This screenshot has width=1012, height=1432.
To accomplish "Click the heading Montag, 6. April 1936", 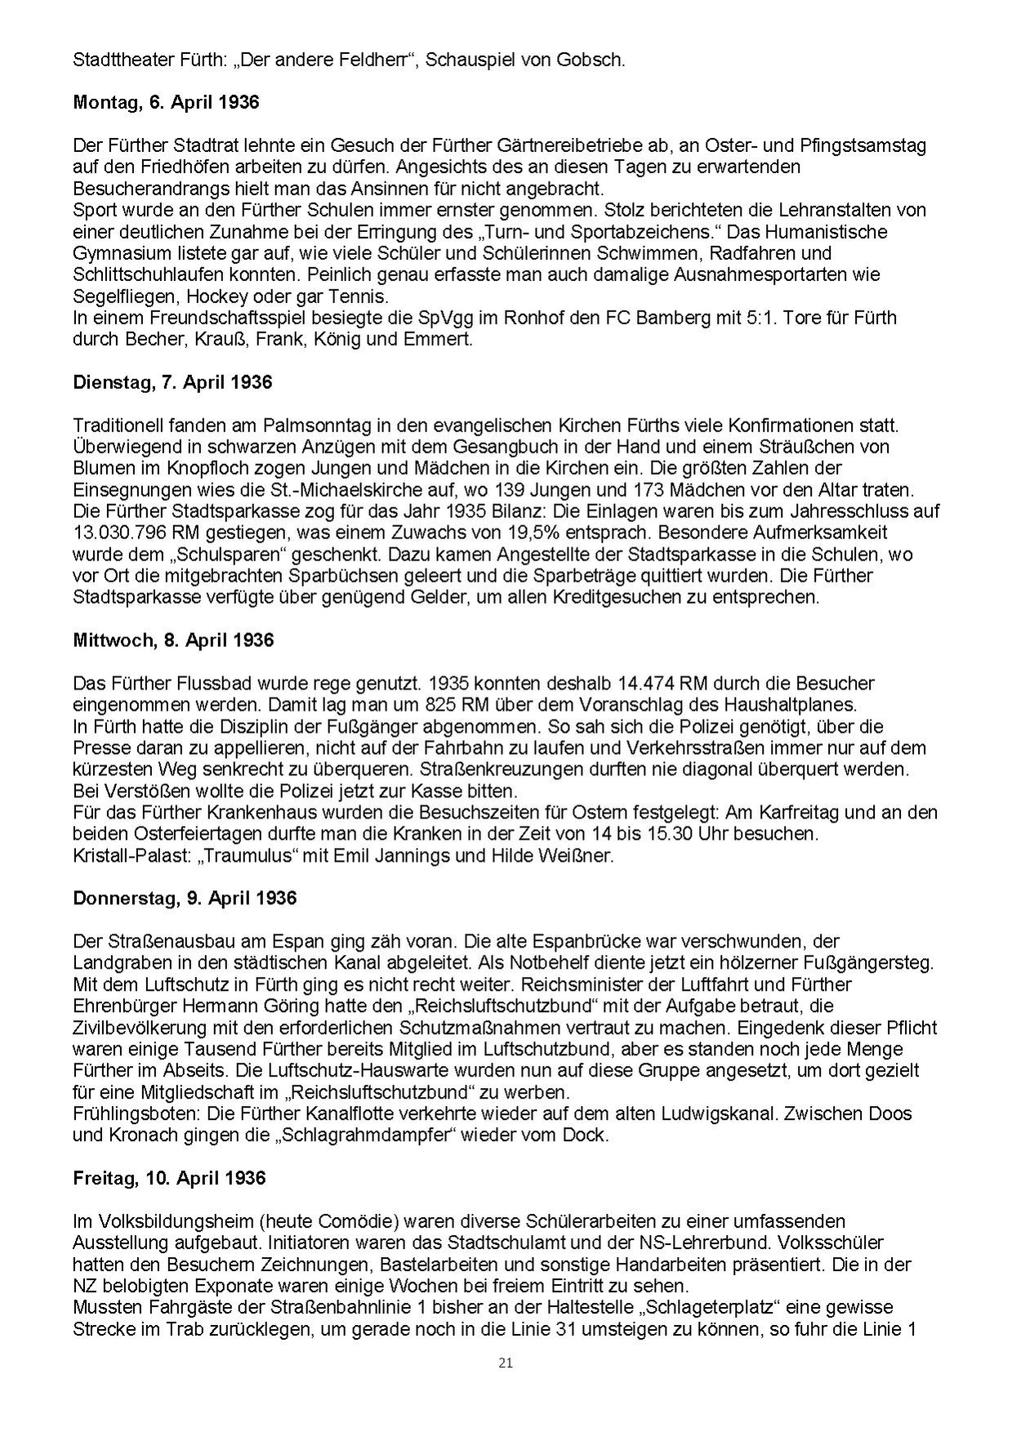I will [x=166, y=102].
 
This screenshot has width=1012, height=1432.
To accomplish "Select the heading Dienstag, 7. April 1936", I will [x=172, y=381].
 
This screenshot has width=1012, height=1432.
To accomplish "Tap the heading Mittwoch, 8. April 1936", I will [x=173, y=640].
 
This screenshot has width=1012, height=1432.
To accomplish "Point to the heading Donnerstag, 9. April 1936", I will [x=185, y=898].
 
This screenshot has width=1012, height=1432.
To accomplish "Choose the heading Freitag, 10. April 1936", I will [x=169, y=1178].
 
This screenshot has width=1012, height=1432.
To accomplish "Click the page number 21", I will [x=506, y=1362].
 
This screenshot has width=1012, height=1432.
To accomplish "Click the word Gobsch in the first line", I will [x=595, y=60].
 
